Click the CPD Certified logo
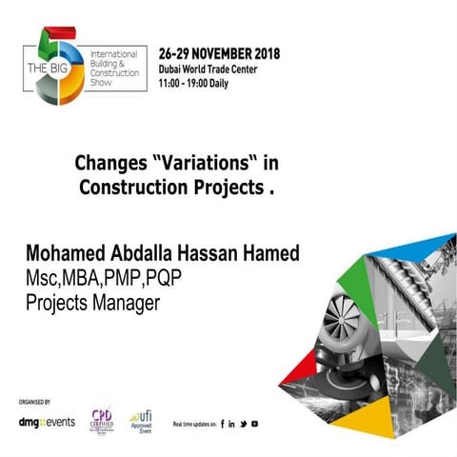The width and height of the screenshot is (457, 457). (101, 419)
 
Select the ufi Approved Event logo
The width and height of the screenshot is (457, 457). (142, 419)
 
